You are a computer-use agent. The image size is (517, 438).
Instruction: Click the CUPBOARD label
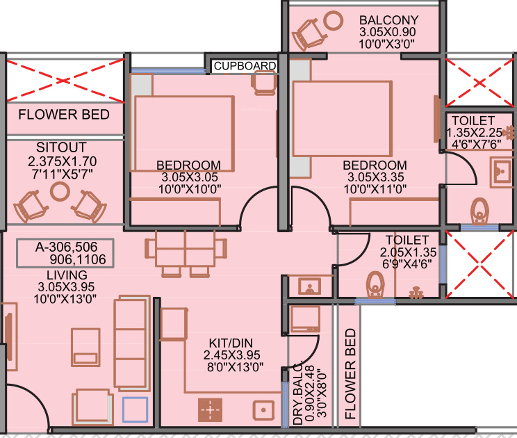245,66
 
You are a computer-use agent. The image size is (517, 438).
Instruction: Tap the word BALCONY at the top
389,20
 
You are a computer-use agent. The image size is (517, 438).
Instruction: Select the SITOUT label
61,147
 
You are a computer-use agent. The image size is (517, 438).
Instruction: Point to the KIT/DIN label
230,344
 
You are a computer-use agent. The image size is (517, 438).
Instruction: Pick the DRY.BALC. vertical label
297,394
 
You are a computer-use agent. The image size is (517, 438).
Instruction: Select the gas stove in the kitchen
209,410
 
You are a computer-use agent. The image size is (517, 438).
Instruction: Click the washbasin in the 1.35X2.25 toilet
500,169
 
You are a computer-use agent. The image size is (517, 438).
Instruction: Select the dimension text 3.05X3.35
375,177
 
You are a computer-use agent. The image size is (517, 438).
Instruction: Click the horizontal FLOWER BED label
64,114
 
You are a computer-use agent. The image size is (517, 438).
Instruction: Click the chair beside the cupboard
264,83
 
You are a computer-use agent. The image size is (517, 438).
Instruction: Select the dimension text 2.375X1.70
61,160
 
